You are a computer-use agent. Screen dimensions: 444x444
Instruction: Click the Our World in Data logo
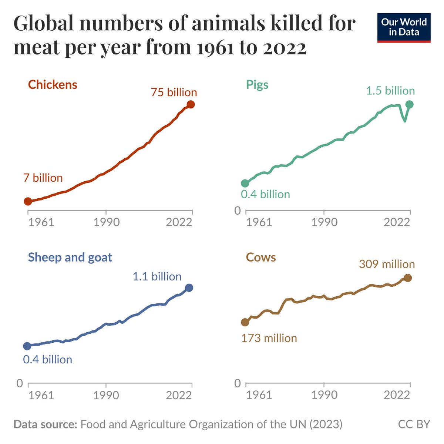pyautogui.click(x=404, y=28)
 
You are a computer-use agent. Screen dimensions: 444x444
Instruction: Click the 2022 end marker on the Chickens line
pyautogui.click(x=191, y=104)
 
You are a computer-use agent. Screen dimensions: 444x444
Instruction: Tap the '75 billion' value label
pyautogui.click(x=174, y=92)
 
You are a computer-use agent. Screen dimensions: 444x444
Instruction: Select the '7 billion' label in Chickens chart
pyautogui.click(x=43, y=178)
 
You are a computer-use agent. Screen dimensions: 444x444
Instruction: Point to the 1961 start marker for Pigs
pyautogui.click(x=245, y=183)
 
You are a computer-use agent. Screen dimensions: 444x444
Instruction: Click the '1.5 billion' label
pyautogui.click(x=390, y=91)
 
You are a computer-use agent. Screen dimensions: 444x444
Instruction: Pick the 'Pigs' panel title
pyautogui.click(x=257, y=85)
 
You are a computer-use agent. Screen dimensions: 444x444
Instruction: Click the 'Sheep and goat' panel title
pyautogui.click(x=70, y=257)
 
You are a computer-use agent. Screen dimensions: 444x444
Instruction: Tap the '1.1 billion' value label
pyautogui.click(x=157, y=276)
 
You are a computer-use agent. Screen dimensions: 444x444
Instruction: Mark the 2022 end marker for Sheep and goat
pyautogui.click(x=189, y=287)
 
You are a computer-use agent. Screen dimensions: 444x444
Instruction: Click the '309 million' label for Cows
pyautogui.click(x=387, y=264)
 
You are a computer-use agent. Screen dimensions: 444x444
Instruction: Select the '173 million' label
pyautogui.click(x=269, y=338)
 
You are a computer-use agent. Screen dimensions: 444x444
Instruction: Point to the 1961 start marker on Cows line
pyautogui.click(x=245, y=322)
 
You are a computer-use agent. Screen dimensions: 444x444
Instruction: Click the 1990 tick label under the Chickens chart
pyautogui.click(x=106, y=222)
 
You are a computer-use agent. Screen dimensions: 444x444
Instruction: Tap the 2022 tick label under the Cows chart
pyautogui.click(x=397, y=395)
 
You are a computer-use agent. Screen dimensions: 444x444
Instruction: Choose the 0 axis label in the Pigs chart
pyautogui.click(x=238, y=211)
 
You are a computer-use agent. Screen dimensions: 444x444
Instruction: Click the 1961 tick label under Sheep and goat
pyautogui.click(x=41, y=395)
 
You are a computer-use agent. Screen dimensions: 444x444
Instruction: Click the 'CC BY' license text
pyautogui.click(x=414, y=424)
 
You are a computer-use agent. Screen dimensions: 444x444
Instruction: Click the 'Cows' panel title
pyautogui.click(x=261, y=258)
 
